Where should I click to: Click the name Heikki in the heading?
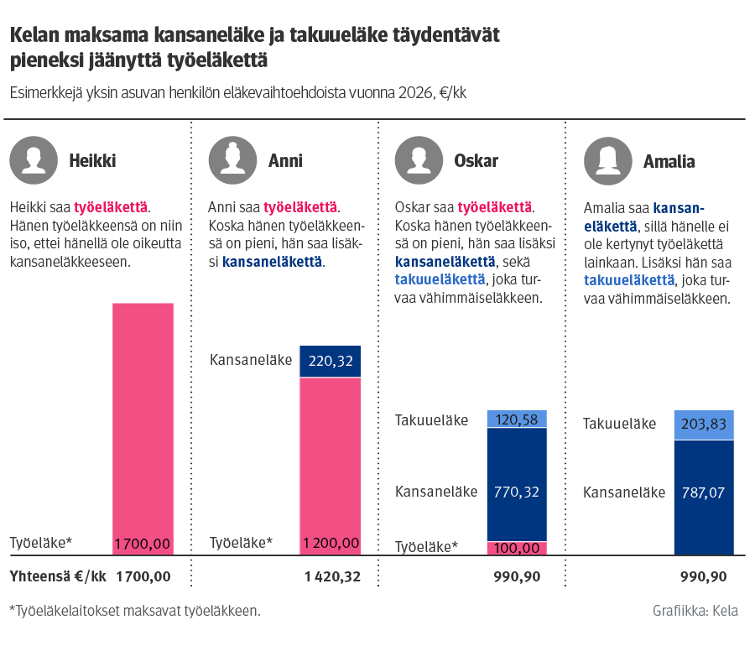[92, 161]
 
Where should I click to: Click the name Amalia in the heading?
[669, 161]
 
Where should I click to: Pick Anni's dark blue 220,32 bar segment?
[331, 361]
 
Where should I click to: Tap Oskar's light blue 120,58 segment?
[517, 419]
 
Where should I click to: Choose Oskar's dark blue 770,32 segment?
[517, 484]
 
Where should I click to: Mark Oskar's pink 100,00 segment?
[517, 548]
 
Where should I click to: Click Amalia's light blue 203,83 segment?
[704, 425]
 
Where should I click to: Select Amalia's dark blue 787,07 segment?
[704, 497]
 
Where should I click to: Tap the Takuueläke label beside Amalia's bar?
[619, 425]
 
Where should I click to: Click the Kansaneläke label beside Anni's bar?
[251, 361]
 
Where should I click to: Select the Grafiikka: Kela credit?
[695, 611]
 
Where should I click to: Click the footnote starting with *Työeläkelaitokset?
[135, 611]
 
